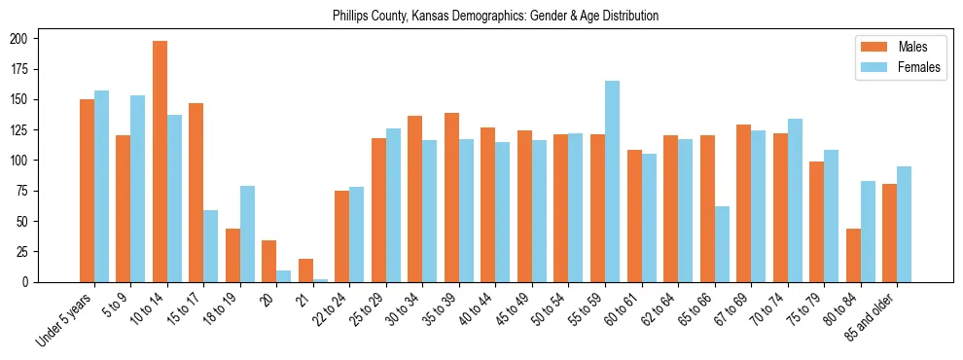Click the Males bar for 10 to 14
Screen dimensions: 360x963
click(160, 162)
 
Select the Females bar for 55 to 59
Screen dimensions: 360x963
click(612, 182)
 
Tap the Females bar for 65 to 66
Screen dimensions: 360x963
click(722, 244)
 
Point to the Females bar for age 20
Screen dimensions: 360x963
click(284, 276)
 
